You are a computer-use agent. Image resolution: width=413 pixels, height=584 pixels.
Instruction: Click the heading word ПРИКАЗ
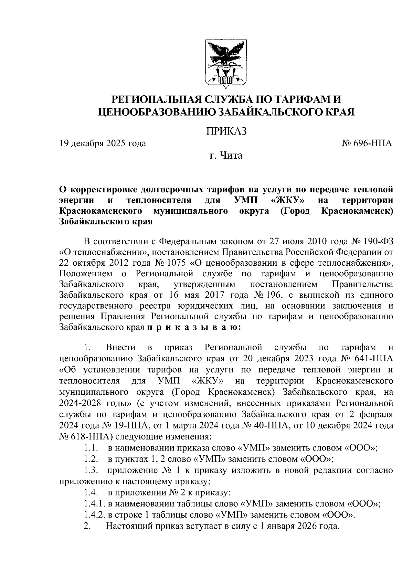(226, 131)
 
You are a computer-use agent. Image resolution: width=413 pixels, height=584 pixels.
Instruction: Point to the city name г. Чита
(226, 156)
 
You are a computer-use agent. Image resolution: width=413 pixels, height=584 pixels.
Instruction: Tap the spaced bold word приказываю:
(194, 328)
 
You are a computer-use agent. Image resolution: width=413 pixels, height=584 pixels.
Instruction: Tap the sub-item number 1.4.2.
(94, 515)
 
